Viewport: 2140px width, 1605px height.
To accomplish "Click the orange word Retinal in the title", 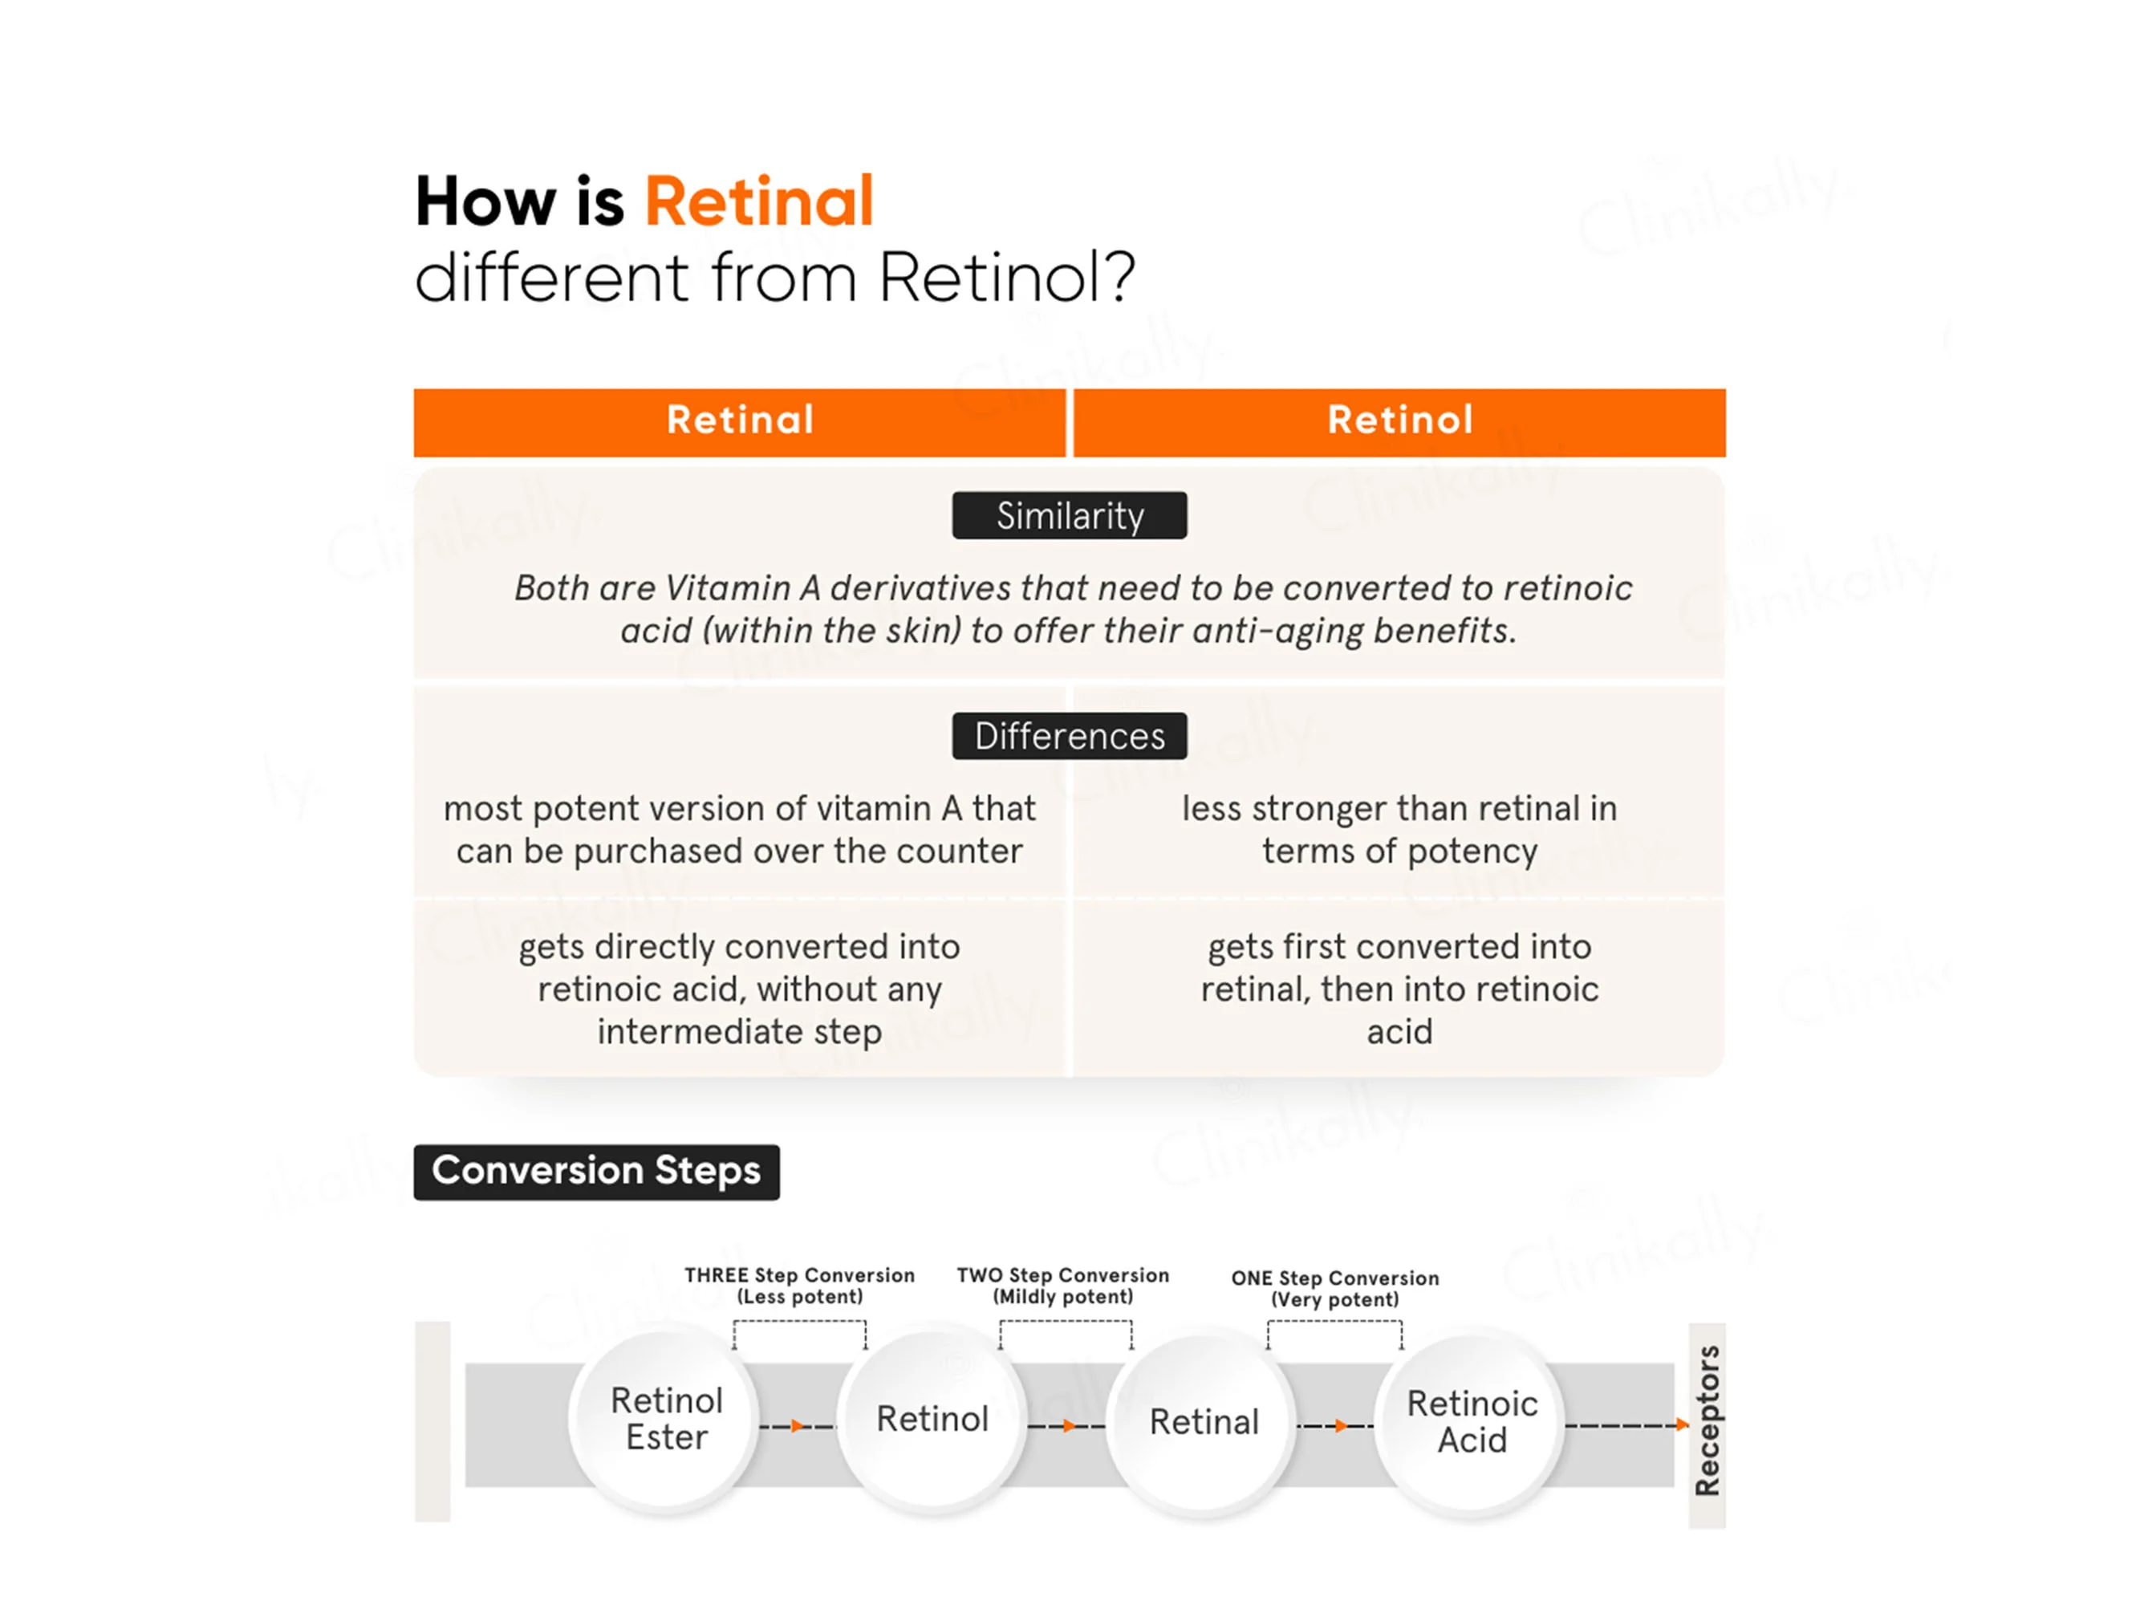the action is pos(758,201).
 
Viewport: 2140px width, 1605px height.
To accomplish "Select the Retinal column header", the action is pos(739,422).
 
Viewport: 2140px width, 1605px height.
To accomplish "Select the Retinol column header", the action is pos(1400,422).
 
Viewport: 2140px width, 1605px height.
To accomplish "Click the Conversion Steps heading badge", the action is pos(596,1172).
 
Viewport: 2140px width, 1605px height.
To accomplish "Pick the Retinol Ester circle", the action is pos(666,1420).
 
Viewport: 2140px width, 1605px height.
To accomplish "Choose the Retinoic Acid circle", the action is pos(1472,1422).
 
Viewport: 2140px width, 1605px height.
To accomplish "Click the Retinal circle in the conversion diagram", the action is pos(1204,1422).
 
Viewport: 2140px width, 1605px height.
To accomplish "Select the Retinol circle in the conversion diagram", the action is pos(932,1420).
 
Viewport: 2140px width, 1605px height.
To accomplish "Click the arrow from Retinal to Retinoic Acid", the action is pos(1336,1426).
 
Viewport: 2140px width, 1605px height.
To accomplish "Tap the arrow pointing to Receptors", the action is pos(1627,1425).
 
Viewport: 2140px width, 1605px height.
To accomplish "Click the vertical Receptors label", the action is pos(1708,1420).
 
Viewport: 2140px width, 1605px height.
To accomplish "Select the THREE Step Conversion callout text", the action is pos(799,1286).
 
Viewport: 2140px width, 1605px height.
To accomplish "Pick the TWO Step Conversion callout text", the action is pos(1062,1286).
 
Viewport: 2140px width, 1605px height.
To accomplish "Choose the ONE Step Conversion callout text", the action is pos(1335,1289).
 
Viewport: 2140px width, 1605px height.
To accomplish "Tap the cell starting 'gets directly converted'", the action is pos(739,989).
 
